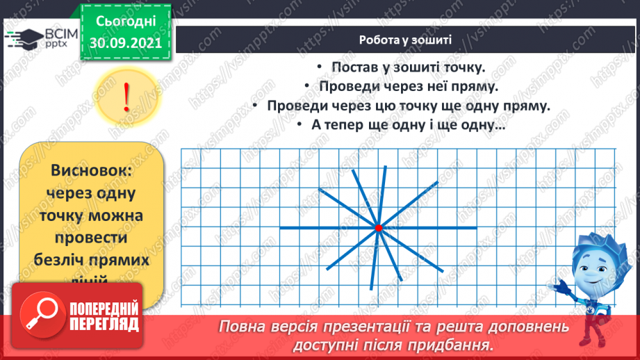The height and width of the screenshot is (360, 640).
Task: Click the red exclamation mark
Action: pyautogui.click(x=126, y=97)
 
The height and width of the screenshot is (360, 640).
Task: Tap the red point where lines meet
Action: pyautogui.click(x=378, y=227)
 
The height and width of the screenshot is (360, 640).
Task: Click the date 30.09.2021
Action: pyautogui.click(x=125, y=42)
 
